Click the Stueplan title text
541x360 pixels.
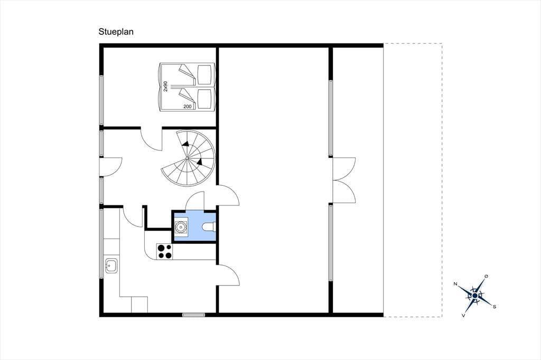[116, 32]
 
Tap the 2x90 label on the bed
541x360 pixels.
[165, 86]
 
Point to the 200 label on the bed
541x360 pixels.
[188, 107]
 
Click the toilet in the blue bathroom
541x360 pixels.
[209, 226]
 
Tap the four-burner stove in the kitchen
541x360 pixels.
[165, 251]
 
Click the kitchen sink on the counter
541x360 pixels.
[111, 266]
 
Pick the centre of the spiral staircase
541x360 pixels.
[188, 158]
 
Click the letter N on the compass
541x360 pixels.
[455, 284]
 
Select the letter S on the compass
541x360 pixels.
[495, 307]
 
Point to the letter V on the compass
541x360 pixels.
[463, 315]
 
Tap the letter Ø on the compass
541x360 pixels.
[487, 276]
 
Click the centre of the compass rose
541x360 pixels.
[475, 296]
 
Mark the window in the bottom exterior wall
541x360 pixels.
[193, 315]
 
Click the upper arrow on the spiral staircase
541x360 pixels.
[185, 144]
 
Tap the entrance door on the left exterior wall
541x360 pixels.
[110, 167]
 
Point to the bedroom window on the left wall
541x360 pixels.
[101, 100]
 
